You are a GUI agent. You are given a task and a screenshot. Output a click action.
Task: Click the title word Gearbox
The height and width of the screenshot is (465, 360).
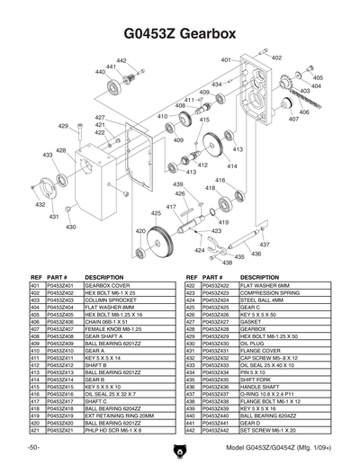[218, 34]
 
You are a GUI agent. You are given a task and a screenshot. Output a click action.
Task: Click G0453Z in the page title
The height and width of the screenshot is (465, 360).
[146, 34]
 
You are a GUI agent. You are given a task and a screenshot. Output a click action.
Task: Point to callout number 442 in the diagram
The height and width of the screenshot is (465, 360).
[121, 60]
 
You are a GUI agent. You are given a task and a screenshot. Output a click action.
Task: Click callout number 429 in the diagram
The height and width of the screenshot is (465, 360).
[63, 127]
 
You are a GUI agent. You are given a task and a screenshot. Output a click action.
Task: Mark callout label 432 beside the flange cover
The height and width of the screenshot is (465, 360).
[40, 204]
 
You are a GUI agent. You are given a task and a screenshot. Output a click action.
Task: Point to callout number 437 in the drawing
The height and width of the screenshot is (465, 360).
[265, 244]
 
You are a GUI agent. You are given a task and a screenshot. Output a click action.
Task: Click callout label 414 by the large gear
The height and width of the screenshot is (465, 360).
[232, 166]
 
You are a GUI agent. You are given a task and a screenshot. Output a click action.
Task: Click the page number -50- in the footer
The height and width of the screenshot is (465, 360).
[33, 447]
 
